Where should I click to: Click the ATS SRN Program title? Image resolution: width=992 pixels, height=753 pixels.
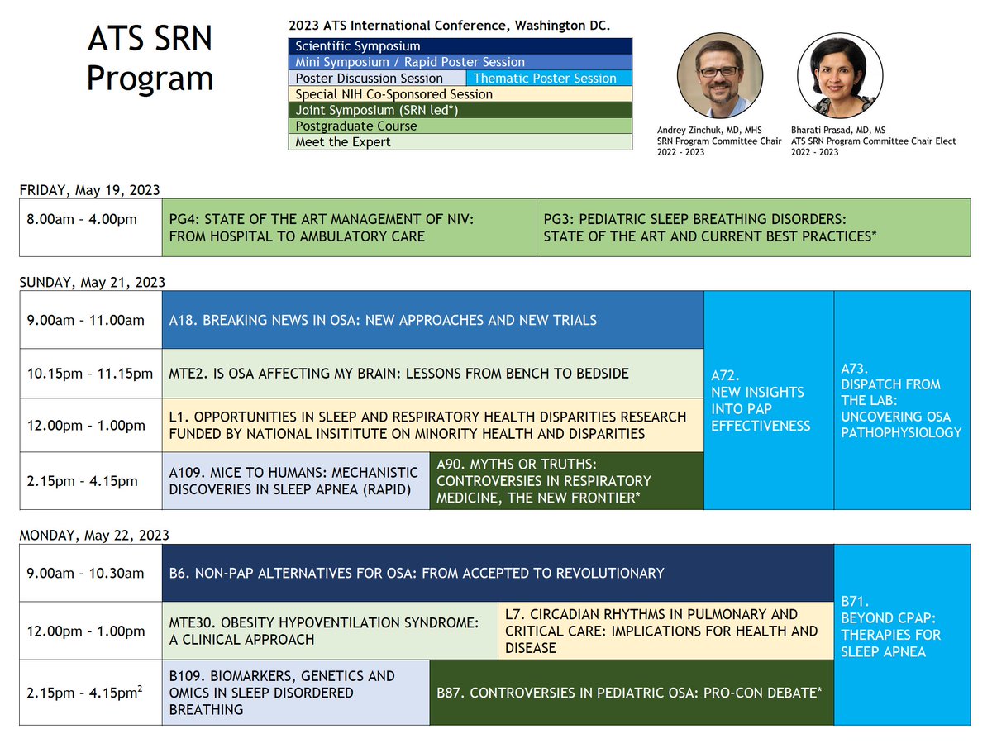tap(150, 60)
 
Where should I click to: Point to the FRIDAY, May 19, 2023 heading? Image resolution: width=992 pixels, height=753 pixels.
tap(89, 190)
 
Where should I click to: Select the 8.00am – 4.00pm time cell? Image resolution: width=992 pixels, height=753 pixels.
tap(91, 228)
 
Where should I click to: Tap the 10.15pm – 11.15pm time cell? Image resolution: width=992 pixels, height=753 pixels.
tap(91, 374)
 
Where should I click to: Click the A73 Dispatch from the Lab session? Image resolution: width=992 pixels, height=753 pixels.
tap(901, 400)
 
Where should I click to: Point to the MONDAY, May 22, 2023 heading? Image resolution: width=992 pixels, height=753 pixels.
tap(93, 536)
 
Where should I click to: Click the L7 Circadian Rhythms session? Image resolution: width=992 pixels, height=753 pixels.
tap(665, 631)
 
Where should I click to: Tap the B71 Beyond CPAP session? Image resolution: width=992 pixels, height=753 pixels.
tap(901, 635)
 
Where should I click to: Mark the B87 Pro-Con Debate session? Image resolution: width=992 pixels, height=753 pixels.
tap(632, 693)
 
